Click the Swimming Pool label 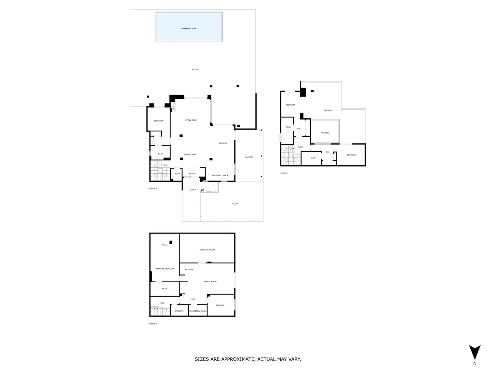[189, 29]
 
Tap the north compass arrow [475, 352]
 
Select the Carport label [249, 157]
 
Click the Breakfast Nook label [220, 176]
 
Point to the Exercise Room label [207, 250]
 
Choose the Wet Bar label [189, 269]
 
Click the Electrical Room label [198, 311]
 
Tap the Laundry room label [179, 311]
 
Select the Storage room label [220, 305]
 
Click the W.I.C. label [165, 245]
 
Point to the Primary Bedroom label [165, 269]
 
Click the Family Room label [210, 281]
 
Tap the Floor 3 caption [284, 173]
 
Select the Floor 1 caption [153, 324]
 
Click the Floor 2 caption [153, 188]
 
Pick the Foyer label [192, 174]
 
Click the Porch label [193, 190]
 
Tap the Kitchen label [223, 143]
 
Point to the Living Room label [191, 120]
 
